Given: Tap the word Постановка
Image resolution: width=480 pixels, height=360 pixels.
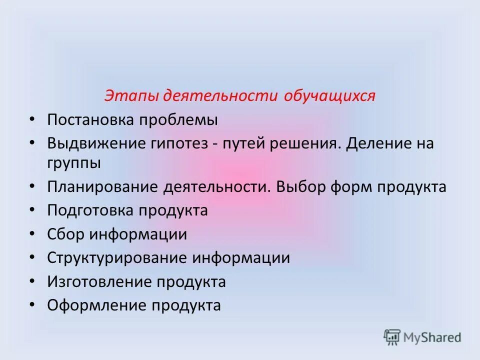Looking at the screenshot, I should [x=91, y=120].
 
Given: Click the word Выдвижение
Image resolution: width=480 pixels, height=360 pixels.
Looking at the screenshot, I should [x=95, y=143].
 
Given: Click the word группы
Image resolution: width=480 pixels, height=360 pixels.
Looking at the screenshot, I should [x=74, y=163].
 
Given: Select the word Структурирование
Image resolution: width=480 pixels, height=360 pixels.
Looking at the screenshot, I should [x=118, y=258].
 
